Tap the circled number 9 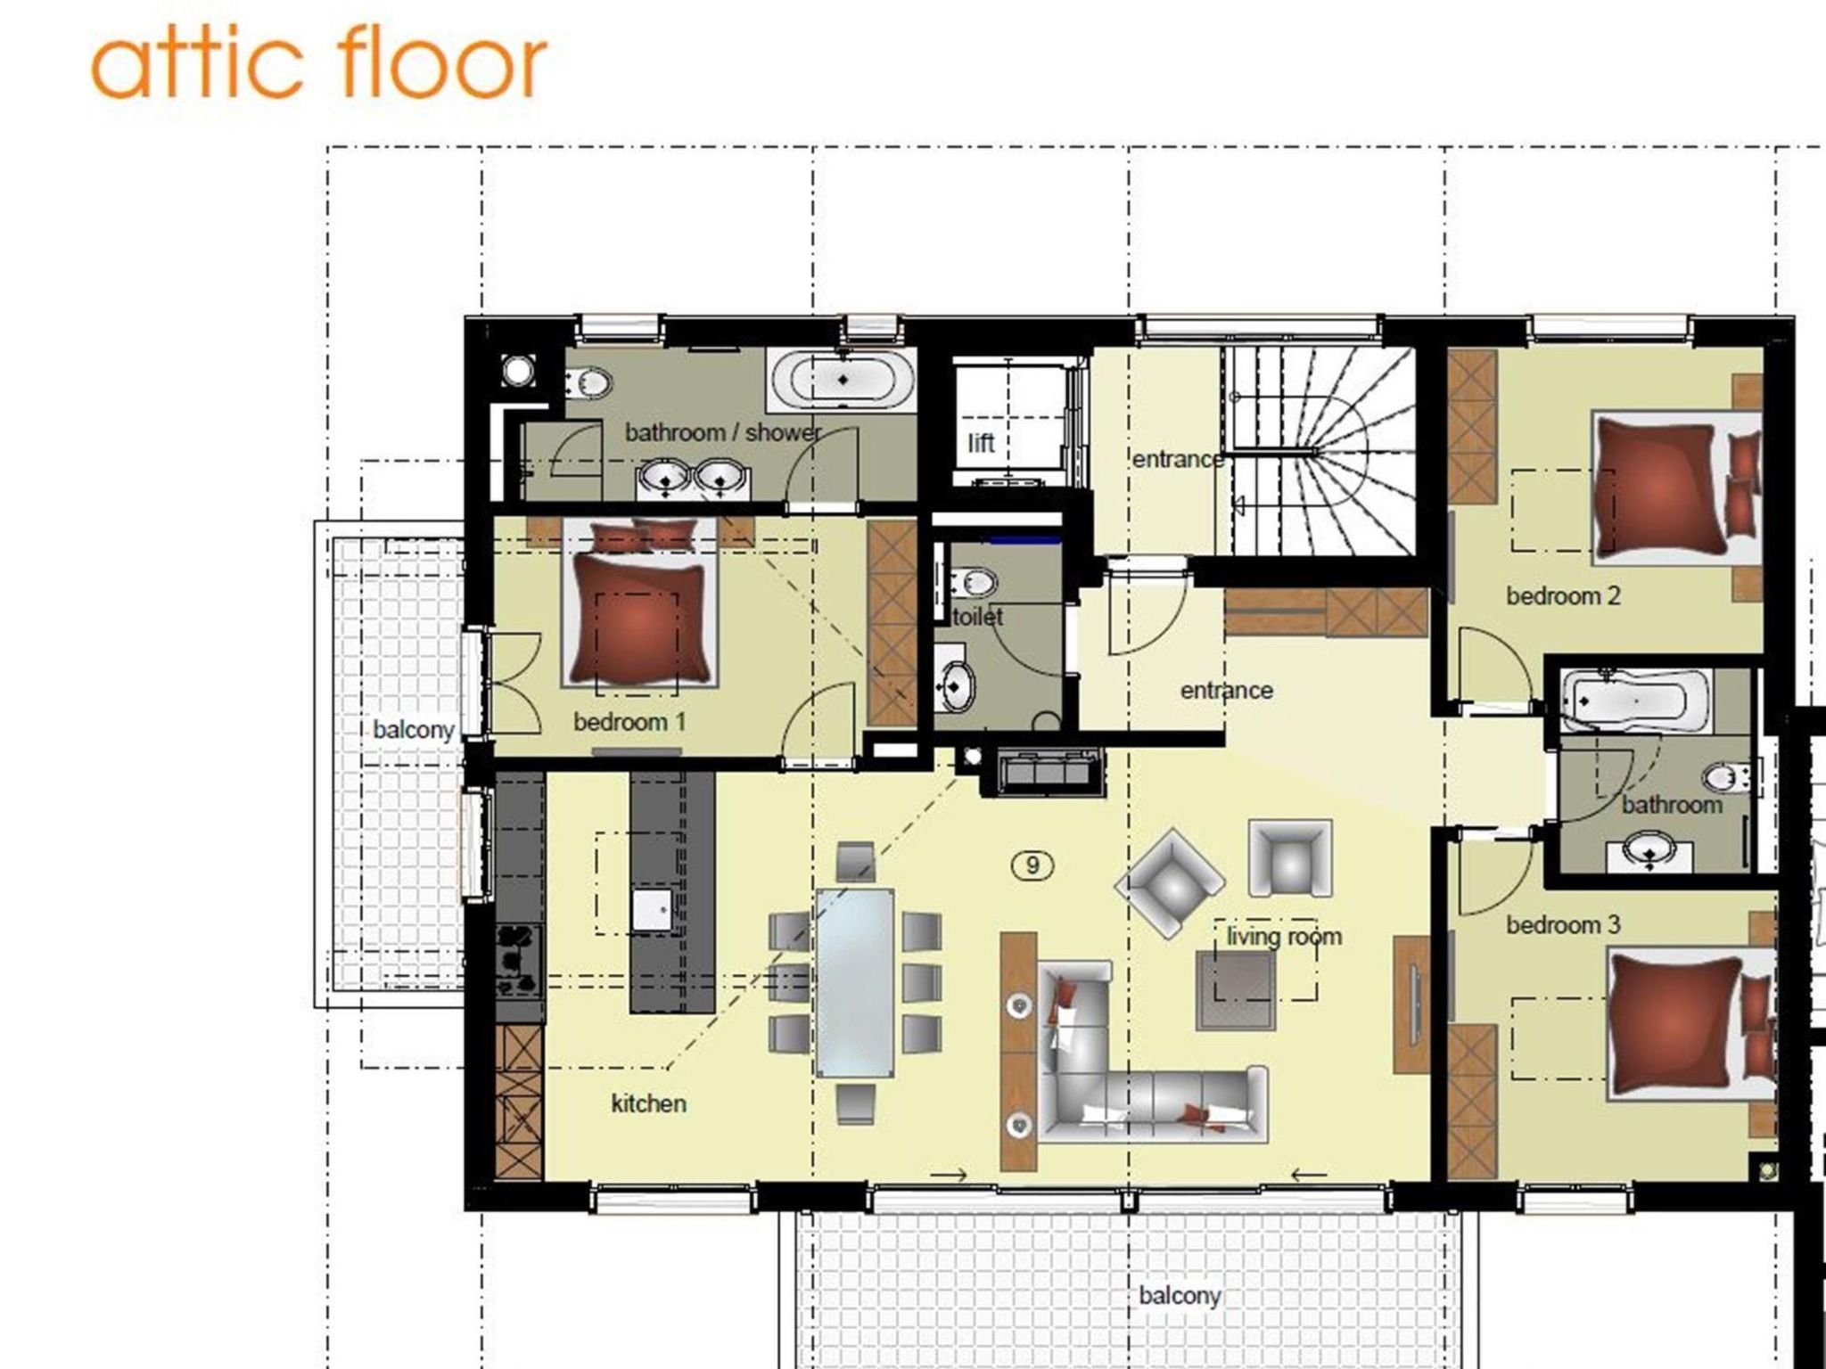(x=1032, y=865)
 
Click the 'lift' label (x=981, y=442)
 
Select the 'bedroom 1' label (x=629, y=722)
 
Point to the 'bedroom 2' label (x=1563, y=595)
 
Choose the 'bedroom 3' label (x=1563, y=925)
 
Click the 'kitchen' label (x=648, y=1103)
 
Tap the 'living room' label (x=1284, y=936)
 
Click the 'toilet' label (x=978, y=617)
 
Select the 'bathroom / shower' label (x=722, y=433)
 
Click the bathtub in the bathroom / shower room (x=843, y=380)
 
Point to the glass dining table (x=855, y=982)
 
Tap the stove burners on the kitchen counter (x=519, y=960)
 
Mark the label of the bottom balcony (x=1179, y=1296)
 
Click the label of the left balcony (x=414, y=730)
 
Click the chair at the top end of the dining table (x=855, y=862)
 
